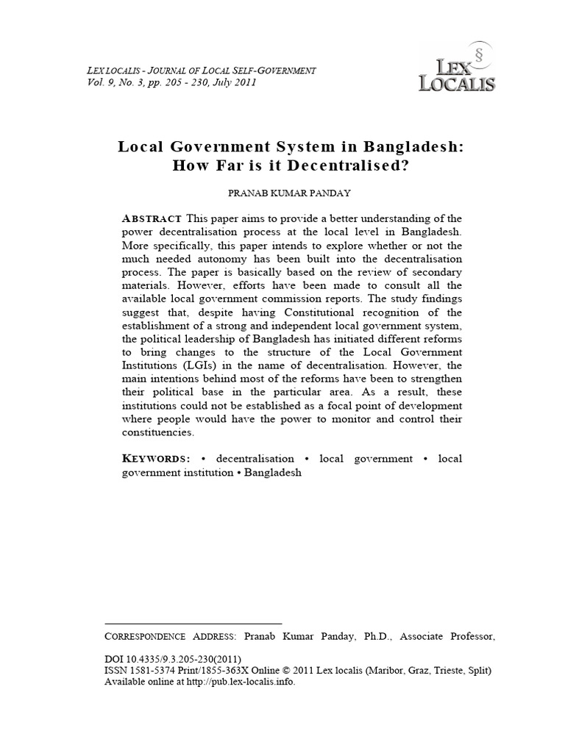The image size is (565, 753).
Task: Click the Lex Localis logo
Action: click(456, 70)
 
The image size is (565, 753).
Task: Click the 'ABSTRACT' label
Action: click(152, 219)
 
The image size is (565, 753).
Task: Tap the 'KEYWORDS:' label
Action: click(156, 459)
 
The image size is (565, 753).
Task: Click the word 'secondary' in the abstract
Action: click(433, 271)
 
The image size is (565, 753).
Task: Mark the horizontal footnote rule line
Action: click(193, 623)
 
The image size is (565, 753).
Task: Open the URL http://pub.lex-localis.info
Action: click(241, 682)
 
